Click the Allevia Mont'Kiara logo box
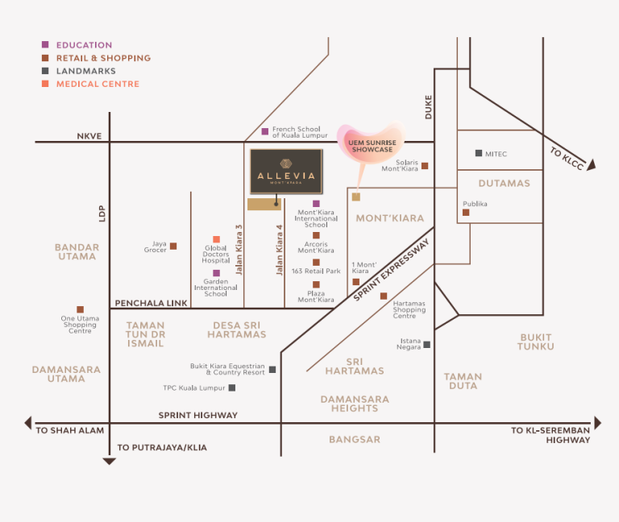tap(286, 172)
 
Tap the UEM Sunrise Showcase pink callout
tap(371, 143)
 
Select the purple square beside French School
tap(265, 131)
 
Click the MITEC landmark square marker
tap(479, 153)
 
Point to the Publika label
tap(475, 204)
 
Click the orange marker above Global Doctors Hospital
tap(216, 239)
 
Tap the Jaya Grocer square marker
tap(173, 246)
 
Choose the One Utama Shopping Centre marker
tap(80, 309)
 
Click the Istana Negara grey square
tap(426, 345)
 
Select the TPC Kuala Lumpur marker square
tap(232, 387)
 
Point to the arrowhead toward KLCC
tap(591, 165)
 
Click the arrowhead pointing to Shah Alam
tap(28, 423)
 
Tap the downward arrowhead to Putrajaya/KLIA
tap(110, 462)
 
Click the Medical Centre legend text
tap(98, 84)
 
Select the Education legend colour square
tap(45, 44)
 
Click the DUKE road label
tap(429, 107)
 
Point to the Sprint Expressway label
tap(391, 271)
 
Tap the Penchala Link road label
tap(152, 303)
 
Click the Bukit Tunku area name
tap(536, 342)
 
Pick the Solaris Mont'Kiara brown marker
tap(425, 166)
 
